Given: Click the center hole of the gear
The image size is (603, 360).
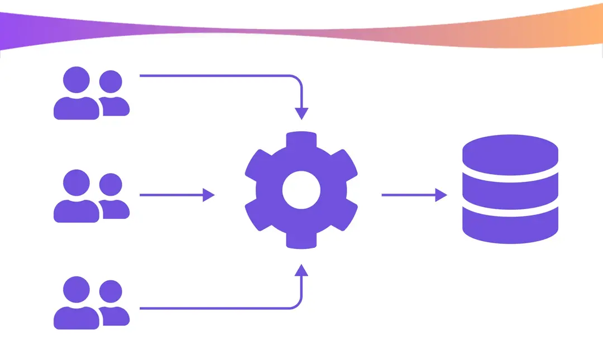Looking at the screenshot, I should coord(301,190).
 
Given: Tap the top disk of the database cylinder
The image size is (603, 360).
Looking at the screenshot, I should coord(511,152).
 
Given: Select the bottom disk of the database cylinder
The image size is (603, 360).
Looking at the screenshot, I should coord(511,226).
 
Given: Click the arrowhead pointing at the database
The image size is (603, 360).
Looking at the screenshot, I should coord(442,195).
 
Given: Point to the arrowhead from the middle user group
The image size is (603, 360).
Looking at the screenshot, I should coord(209,195).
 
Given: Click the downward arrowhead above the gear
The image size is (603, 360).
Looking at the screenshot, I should coord(301,113).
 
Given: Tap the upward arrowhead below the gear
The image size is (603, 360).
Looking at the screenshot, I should coord(301,270).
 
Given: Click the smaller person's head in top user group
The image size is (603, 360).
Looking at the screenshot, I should coord(111,82).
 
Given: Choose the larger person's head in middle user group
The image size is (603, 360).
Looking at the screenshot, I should coord(76,183).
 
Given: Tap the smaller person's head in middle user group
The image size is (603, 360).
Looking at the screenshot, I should coord(111,185).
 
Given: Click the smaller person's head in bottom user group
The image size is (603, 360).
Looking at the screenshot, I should coord(111,291).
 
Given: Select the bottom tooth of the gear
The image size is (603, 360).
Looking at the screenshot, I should coord(301,241).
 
